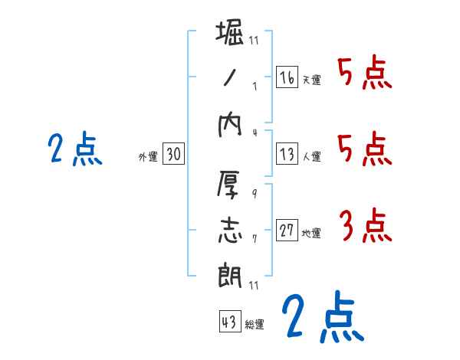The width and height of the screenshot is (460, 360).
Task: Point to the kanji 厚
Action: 230,184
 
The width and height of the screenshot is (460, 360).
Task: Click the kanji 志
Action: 230,229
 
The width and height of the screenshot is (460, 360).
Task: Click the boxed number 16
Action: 287,77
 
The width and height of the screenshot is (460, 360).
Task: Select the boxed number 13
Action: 287,154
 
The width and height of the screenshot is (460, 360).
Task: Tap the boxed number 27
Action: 287,231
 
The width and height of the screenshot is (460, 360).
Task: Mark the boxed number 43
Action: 229,322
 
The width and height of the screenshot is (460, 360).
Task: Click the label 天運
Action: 311,80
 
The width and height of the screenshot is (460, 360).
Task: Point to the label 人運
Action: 311,156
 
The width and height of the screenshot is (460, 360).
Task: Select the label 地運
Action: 311,233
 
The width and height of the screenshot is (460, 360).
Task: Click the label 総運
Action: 255,325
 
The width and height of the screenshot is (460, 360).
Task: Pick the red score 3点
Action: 365,225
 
